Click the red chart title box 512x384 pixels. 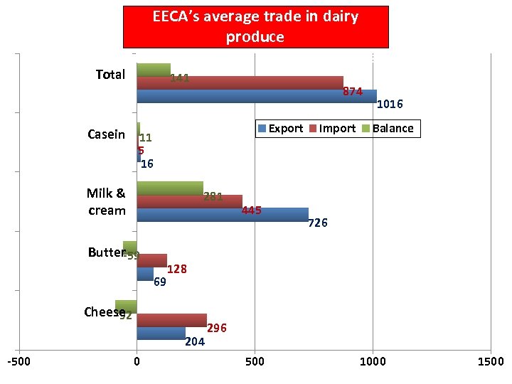(256, 28)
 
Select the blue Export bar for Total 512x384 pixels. (256, 96)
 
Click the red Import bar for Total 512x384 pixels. (240, 82)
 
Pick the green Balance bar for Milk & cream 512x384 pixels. (169, 188)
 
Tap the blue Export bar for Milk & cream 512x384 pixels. (222, 215)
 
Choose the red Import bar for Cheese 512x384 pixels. (171, 320)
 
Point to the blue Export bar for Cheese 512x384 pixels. (161, 333)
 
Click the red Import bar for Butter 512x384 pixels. (151, 260)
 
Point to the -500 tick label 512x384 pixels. (18, 362)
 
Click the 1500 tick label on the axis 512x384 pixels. (490, 362)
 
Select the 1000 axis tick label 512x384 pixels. (373, 362)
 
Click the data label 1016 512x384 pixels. (390, 105)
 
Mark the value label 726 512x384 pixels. (317, 223)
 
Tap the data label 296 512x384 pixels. (217, 328)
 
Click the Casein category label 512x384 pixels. (106, 134)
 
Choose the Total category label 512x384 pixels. (110, 75)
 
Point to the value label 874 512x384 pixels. (353, 92)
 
